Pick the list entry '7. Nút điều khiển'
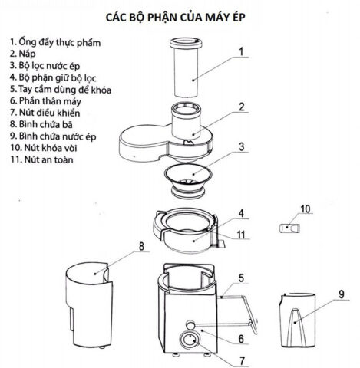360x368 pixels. click(45, 112)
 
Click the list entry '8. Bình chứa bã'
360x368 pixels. click(43, 124)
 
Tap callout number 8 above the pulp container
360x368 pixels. click(140, 247)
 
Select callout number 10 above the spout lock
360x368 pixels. click(305, 209)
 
